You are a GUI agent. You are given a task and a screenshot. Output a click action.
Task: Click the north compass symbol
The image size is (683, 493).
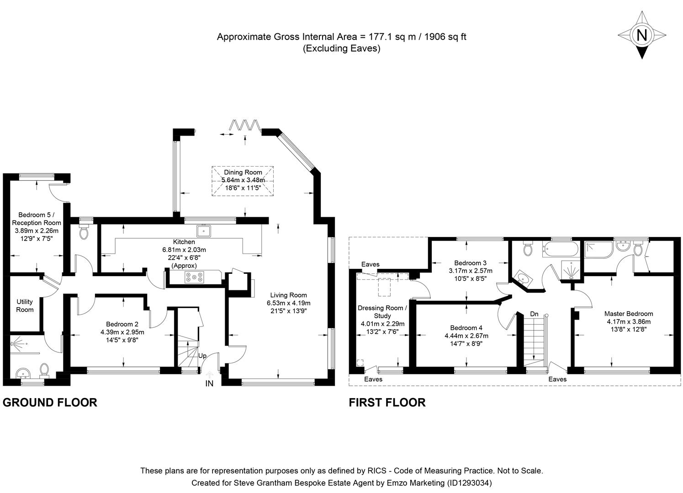[642, 35]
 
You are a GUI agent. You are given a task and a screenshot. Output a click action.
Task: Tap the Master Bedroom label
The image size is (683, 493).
[628, 314]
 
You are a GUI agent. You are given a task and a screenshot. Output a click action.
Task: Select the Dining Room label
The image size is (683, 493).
[243, 172]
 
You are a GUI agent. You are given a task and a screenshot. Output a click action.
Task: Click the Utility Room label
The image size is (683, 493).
[25, 305]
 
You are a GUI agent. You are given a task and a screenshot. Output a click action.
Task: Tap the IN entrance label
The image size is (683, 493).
[209, 384]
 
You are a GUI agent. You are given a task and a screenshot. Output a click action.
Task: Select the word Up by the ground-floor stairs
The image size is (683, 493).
[202, 355]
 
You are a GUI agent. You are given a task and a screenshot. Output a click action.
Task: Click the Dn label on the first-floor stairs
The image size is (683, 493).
[534, 314]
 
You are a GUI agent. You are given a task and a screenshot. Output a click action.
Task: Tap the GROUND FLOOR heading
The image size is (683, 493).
[50, 402]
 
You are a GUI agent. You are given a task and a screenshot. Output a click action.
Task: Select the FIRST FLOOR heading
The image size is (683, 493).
[387, 402]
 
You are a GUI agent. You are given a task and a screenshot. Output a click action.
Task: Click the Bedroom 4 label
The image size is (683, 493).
[466, 328]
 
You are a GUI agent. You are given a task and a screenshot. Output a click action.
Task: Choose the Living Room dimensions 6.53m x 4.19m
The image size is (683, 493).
[288, 303]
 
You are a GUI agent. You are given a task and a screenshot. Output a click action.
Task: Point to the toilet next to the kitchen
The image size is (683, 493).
[85, 231]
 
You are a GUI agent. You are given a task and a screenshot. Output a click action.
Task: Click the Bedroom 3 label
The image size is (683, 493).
[470, 263]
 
